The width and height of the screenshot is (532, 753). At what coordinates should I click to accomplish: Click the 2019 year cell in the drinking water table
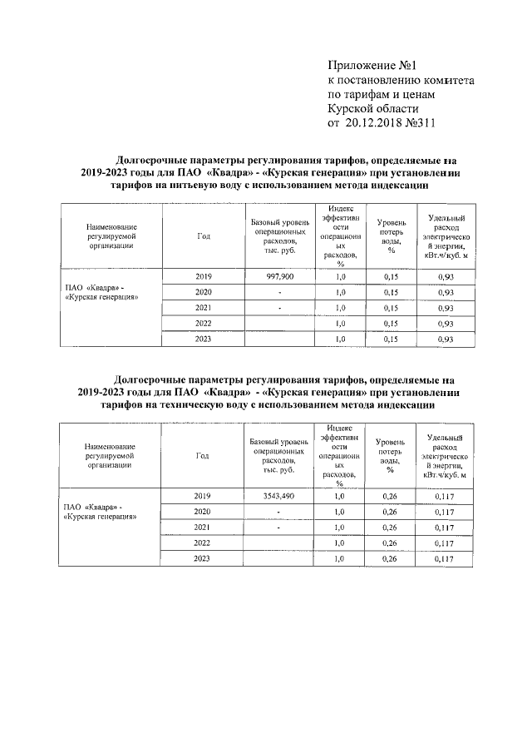pos(203,275)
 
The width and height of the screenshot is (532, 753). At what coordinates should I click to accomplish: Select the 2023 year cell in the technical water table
pos(203,559)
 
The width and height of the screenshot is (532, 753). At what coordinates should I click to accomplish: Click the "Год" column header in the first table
pos(203,235)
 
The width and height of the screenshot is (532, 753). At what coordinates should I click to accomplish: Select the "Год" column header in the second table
pos(203,456)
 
